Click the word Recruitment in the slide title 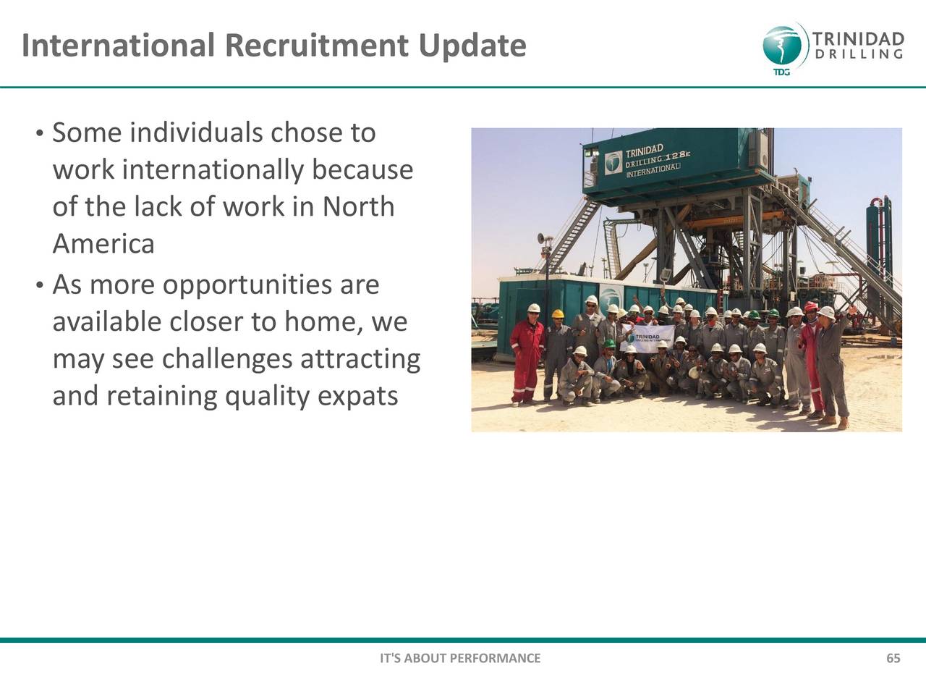317,45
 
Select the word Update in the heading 472,46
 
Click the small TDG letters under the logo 782,72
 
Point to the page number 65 893,658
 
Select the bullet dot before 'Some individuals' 40,134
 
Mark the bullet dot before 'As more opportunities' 40,286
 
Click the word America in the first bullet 103,243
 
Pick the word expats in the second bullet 358,397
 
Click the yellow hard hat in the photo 558,313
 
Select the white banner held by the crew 647,338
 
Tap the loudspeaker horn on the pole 541,239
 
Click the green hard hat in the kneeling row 608,343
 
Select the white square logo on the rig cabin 613,163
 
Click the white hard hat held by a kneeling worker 694,373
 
